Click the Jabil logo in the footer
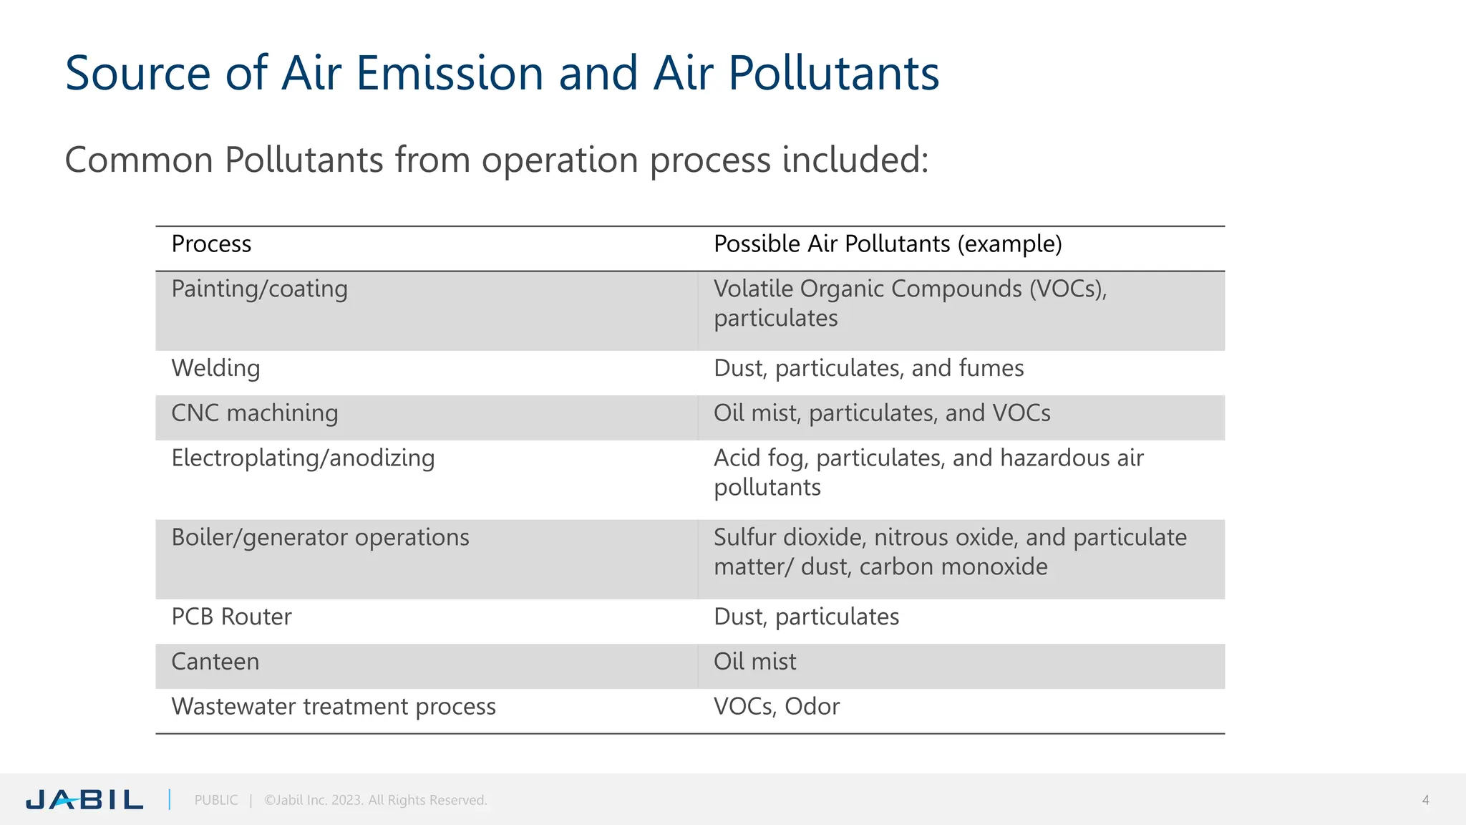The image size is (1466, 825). [84, 799]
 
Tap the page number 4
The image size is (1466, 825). [1425, 800]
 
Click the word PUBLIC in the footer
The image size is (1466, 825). [216, 800]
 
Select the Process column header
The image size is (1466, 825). [211, 244]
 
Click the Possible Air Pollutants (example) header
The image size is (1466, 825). [888, 244]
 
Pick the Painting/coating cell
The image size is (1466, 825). [259, 289]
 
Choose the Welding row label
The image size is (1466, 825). [215, 368]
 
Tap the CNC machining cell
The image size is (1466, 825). [254, 413]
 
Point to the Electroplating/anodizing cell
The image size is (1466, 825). [303, 458]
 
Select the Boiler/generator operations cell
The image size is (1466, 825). [320, 538]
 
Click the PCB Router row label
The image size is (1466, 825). [231, 617]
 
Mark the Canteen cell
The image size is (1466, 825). [215, 662]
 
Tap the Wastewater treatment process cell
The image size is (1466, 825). [334, 707]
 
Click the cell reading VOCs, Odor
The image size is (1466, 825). [777, 707]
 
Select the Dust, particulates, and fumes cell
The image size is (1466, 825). [868, 368]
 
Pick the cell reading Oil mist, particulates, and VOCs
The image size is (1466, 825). [882, 413]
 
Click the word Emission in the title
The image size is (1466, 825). [450, 73]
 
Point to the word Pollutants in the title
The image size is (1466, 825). [833, 73]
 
